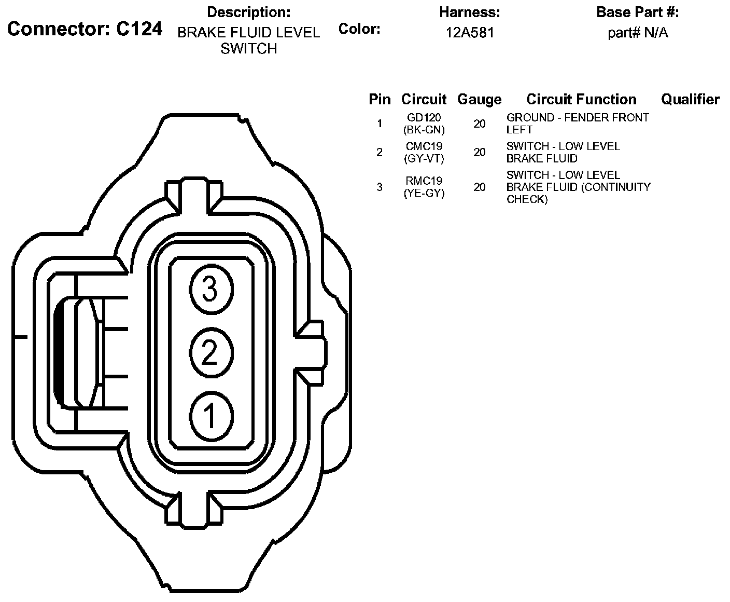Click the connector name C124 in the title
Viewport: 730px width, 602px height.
coord(139,29)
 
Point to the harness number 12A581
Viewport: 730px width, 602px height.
coord(470,33)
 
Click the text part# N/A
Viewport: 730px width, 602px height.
coord(638,33)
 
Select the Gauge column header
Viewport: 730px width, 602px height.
coord(479,99)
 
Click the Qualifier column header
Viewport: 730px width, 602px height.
coord(690,99)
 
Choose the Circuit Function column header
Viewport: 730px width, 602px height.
coord(581,99)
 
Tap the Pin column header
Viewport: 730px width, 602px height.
coord(380,99)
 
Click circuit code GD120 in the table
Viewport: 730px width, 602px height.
coord(424,118)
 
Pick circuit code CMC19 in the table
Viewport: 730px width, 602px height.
coord(424,146)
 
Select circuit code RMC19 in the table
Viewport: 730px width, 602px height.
coord(424,181)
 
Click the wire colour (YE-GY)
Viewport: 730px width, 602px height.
coord(424,194)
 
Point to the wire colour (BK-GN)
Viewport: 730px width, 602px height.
coord(424,130)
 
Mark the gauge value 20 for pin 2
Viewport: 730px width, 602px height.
coord(479,153)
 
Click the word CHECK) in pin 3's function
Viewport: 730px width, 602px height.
coord(527,199)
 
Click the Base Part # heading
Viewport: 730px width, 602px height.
coord(637,12)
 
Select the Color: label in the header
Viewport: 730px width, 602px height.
coord(359,29)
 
